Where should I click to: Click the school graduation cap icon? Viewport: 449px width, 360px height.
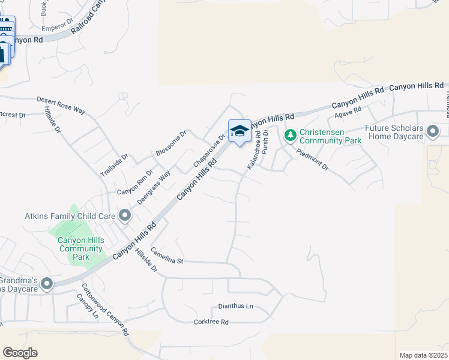pyautogui.click(x=240, y=131)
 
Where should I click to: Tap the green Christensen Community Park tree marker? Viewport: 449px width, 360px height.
pyautogui.click(x=290, y=135)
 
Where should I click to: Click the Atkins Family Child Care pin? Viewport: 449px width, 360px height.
pyautogui.click(x=125, y=215)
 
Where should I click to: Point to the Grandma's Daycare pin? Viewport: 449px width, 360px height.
pyautogui.click(x=46, y=283)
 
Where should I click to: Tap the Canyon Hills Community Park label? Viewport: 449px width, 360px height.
pyautogui.click(x=81, y=248)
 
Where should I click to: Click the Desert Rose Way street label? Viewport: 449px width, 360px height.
pyautogui.click(x=61, y=104)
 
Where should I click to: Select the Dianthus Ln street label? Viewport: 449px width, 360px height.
pyautogui.click(x=236, y=306)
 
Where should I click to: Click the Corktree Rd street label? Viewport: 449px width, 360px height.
pyautogui.click(x=211, y=322)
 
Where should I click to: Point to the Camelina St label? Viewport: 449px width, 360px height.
pyautogui.click(x=166, y=256)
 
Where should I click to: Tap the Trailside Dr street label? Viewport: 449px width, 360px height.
pyautogui.click(x=115, y=164)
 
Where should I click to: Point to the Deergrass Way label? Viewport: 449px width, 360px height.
pyautogui.click(x=154, y=187)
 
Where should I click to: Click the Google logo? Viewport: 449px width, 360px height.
pyautogui.click(x=20, y=353)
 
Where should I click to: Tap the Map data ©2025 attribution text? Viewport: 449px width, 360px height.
pyautogui.click(x=423, y=355)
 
